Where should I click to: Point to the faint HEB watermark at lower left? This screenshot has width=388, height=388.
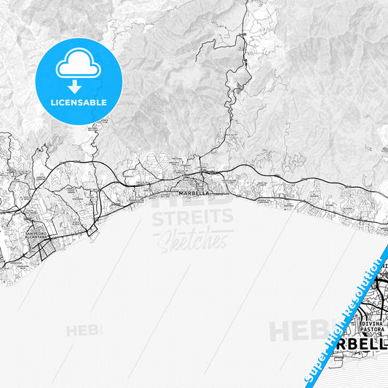[x=84, y=331]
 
